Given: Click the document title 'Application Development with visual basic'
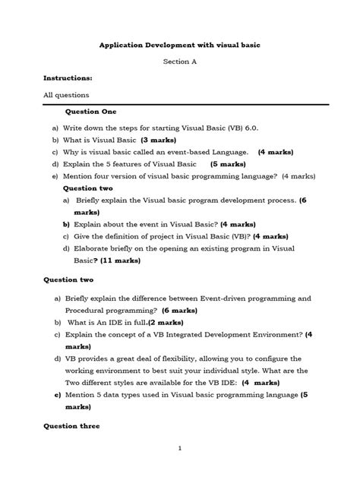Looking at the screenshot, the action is [x=180, y=46].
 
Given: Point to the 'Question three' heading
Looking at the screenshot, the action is [x=71, y=426].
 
